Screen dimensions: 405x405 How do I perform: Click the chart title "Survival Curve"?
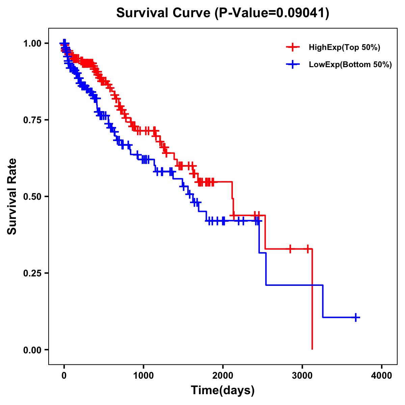164,13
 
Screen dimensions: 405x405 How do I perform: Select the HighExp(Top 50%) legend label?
344,48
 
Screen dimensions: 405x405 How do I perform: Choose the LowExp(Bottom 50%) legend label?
350,64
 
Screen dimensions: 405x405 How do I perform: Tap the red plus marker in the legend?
293,48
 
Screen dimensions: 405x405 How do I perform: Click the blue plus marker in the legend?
293,64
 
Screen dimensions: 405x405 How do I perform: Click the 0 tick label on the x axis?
64,376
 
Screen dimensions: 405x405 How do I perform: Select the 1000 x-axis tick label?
143,376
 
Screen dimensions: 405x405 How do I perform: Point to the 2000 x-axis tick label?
223,376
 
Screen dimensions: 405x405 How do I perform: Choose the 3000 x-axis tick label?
302,376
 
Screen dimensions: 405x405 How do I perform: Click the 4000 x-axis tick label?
382,376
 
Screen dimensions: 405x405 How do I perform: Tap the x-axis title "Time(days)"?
223,390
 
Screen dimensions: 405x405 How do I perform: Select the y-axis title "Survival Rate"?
12,196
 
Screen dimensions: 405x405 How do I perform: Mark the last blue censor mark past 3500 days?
356,317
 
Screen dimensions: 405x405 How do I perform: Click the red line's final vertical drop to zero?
312,304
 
